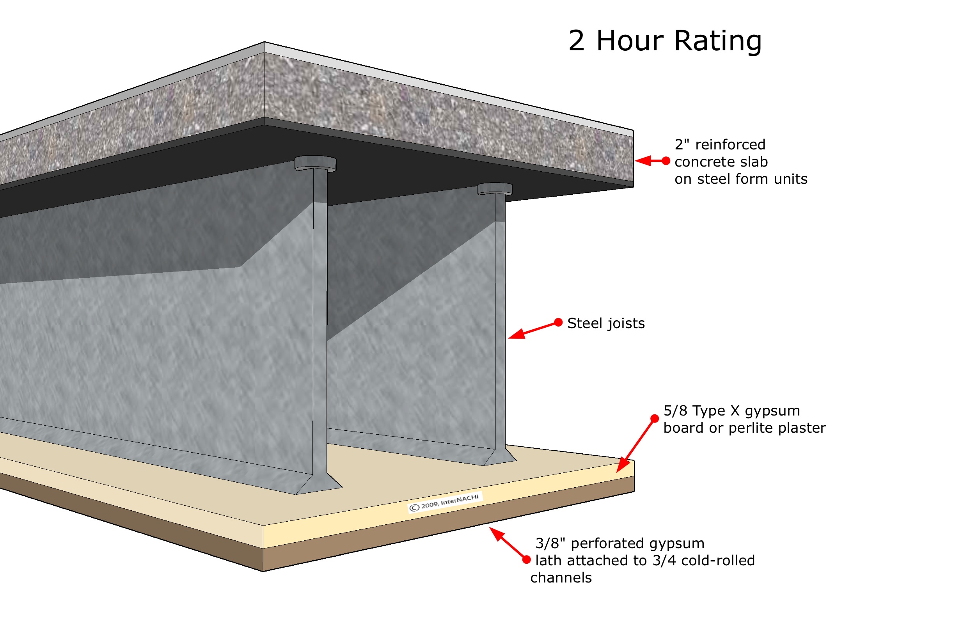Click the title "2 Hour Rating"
click(x=664, y=41)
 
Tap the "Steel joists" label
click(x=605, y=323)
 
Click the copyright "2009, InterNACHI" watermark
click(x=445, y=502)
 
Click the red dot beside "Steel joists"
click(x=558, y=322)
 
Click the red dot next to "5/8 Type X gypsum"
click(x=655, y=419)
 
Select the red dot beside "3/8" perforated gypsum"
click(x=526, y=560)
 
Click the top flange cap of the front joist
click(x=315, y=163)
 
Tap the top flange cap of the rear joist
click(x=495, y=188)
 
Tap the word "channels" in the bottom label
click(x=561, y=578)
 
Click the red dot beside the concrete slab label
click(x=666, y=161)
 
